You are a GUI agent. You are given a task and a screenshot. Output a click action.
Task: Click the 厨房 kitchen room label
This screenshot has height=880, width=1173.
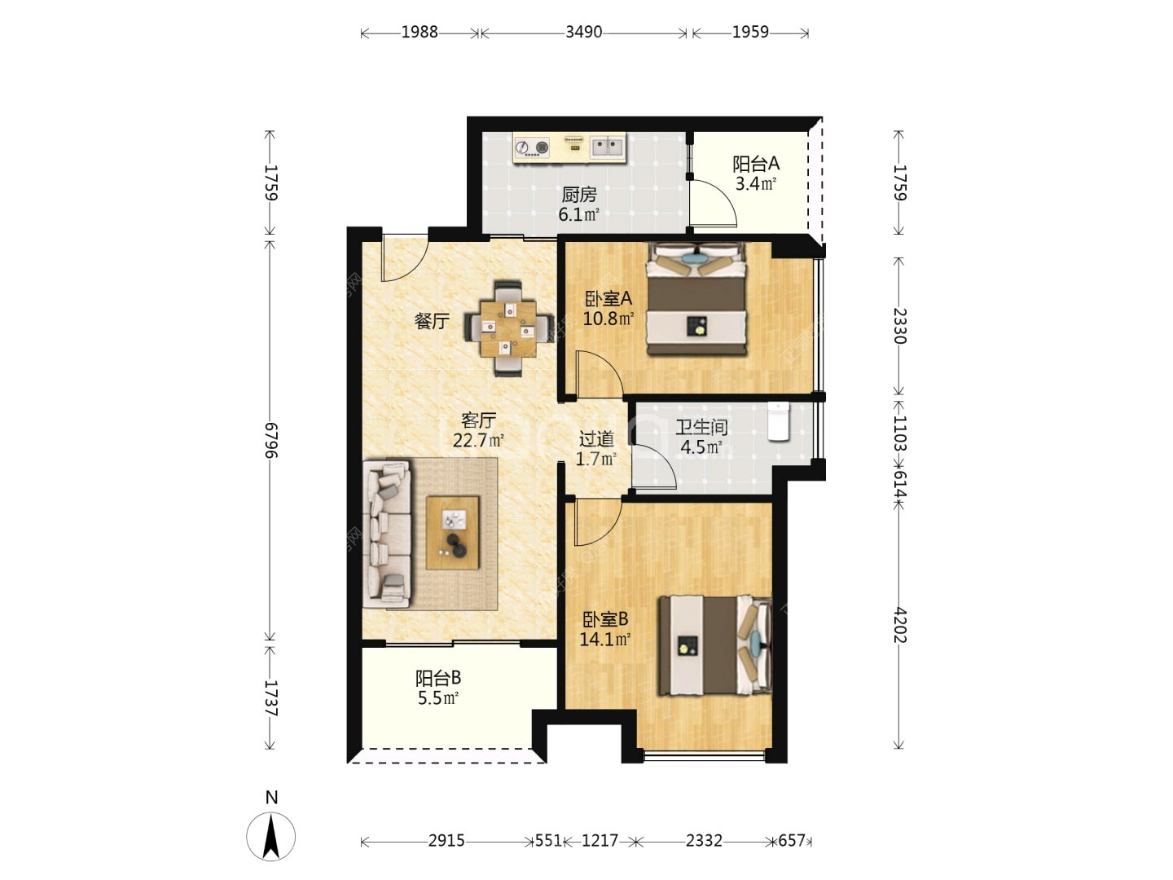(x=578, y=195)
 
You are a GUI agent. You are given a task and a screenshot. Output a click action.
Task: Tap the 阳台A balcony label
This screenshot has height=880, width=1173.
(x=755, y=164)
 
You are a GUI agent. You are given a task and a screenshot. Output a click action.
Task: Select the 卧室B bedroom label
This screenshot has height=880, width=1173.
(x=605, y=620)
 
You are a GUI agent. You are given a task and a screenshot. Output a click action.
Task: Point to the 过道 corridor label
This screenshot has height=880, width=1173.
(x=596, y=439)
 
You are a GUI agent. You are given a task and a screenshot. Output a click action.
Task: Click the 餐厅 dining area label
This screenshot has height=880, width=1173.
(x=432, y=321)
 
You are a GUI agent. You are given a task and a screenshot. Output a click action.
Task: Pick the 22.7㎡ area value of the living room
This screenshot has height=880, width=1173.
(x=478, y=441)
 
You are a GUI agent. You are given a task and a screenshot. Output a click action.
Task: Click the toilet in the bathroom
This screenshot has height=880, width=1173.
(x=778, y=422)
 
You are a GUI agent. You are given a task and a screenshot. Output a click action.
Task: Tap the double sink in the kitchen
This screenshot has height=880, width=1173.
(x=608, y=147)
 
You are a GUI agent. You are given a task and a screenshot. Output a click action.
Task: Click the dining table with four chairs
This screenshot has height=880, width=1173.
(x=508, y=328)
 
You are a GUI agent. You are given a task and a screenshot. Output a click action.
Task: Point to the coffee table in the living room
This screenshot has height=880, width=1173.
(x=453, y=533)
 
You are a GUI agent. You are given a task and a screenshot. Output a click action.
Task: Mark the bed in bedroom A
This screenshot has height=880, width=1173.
(x=696, y=299)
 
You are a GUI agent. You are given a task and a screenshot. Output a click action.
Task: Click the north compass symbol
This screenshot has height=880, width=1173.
(x=271, y=837)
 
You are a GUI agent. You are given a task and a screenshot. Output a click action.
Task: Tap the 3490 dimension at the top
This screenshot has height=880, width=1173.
(x=583, y=32)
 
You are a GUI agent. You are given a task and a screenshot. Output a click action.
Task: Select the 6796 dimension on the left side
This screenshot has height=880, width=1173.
(x=270, y=441)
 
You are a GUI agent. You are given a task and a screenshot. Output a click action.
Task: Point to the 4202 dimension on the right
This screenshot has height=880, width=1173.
(x=898, y=625)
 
